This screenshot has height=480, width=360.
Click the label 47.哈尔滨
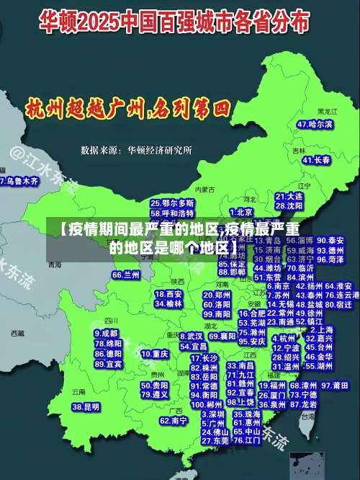click(315, 124)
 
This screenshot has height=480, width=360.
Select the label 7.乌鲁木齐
click(19, 181)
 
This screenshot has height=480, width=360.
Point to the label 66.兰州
click(126, 275)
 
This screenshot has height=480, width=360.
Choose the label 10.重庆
click(155, 355)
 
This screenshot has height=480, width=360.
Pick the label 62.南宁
click(174, 420)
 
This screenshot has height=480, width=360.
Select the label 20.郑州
click(217, 295)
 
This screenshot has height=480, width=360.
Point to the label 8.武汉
click(191, 336)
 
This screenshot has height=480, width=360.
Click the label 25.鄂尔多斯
click(172, 204)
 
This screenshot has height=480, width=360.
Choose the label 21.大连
click(289, 196)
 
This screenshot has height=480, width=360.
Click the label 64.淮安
click(338, 286)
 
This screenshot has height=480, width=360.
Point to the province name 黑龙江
click(328, 112)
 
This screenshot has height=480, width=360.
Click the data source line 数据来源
click(136, 150)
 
